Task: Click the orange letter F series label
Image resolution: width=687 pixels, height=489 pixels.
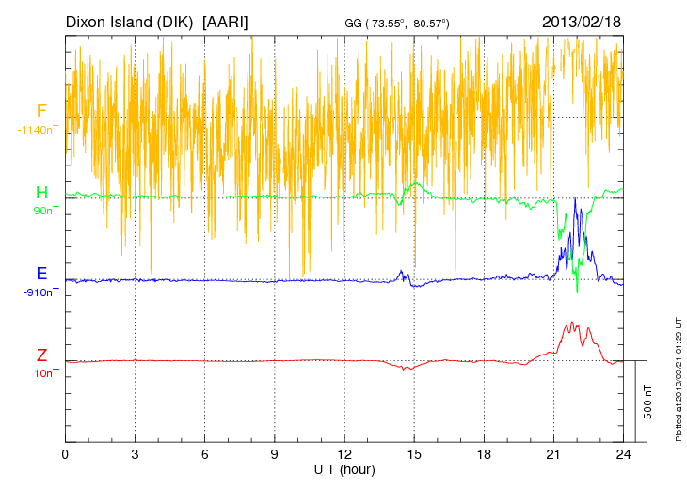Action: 41,111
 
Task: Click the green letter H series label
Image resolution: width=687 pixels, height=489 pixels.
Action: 41,193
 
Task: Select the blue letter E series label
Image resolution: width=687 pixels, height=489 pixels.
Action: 41,275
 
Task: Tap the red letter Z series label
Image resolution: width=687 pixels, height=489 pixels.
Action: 41,355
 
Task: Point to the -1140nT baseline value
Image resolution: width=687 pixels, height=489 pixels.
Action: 39,129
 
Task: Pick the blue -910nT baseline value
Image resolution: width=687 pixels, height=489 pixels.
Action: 41,292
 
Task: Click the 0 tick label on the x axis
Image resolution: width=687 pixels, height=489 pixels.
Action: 65,454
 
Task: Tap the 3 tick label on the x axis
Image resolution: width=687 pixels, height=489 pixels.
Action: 135,454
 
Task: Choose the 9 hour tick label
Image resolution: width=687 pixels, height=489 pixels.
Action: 275,454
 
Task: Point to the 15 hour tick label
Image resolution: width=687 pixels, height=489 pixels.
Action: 414,454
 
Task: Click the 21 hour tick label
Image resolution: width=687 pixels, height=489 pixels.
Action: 553,454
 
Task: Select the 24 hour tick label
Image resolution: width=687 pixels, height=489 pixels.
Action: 623,454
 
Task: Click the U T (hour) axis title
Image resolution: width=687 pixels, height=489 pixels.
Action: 344,468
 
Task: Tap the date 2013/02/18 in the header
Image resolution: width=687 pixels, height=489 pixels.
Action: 582,21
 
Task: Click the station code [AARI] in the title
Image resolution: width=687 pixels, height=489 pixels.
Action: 225,21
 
